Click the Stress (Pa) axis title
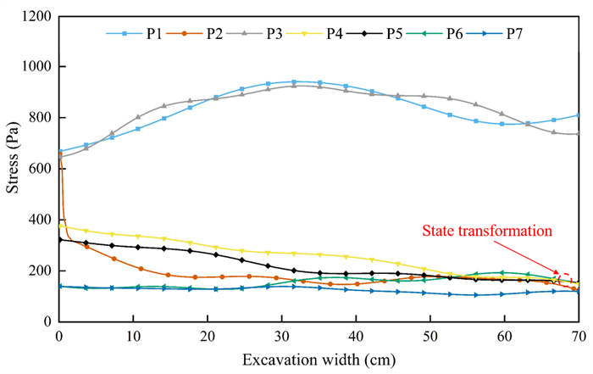click(13, 170)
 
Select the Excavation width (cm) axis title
click(319, 357)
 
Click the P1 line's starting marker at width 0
click(59, 152)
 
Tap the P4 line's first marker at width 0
click(59, 226)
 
